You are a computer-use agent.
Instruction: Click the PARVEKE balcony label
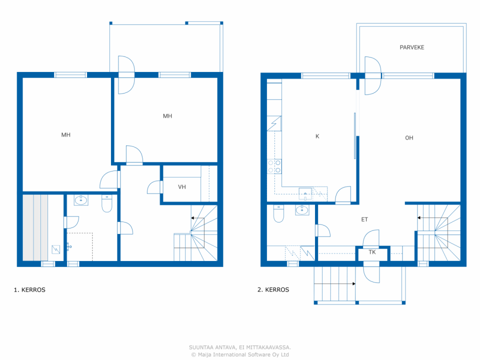(x=412, y=47)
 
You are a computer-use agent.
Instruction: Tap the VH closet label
(x=182, y=187)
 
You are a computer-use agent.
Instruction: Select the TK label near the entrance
(x=372, y=252)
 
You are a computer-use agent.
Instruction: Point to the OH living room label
(x=409, y=138)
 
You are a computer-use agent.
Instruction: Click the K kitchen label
(x=317, y=136)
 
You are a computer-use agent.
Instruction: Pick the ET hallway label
(x=364, y=219)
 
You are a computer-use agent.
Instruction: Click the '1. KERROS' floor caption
(x=30, y=290)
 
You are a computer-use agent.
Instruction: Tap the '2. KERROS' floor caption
(x=273, y=289)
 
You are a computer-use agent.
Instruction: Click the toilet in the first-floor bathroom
(x=107, y=203)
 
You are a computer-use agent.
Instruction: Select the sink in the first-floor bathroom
(x=81, y=200)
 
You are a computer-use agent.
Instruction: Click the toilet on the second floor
(x=279, y=213)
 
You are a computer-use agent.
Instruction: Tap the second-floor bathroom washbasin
(x=302, y=210)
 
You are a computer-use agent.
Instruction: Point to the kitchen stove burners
(x=274, y=166)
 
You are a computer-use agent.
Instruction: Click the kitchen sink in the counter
(x=305, y=194)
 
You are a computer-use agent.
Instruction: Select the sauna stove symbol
(x=56, y=249)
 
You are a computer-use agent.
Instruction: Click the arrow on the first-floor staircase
(x=198, y=218)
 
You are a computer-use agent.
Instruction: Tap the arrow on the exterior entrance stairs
(x=334, y=284)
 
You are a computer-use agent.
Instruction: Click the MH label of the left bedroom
(x=66, y=135)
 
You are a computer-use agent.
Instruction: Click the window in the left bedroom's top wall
(x=70, y=75)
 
